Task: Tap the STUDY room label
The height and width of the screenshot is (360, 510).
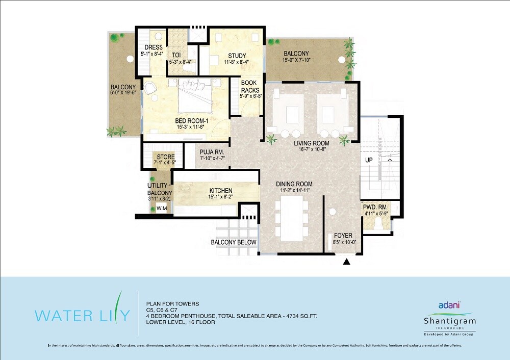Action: click(237, 56)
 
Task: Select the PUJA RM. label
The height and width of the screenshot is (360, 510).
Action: click(212, 152)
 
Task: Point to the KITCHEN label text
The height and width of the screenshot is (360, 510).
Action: click(220, 191)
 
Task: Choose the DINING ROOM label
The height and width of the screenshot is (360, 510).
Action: click(294, 184)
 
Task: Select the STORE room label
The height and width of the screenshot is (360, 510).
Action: click(166, 157)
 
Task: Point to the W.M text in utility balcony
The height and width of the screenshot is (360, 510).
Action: click(162, 209)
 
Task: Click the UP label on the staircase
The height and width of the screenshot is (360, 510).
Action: click(369, 160)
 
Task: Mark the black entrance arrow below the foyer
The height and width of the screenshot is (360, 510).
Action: click(347, 262)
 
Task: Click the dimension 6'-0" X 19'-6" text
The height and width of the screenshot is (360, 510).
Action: click(123, 93)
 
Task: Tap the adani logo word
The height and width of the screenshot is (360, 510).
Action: click(449, 305)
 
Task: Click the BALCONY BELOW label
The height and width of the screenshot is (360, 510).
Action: click(234, 242)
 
